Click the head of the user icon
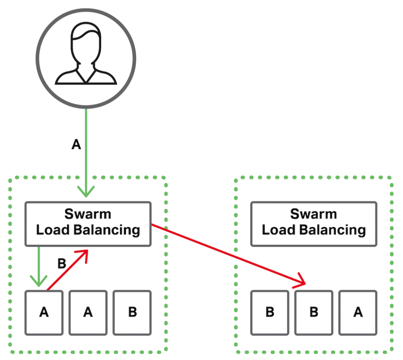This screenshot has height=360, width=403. (x=85, y=44)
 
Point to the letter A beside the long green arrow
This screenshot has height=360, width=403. (x=76, y=145)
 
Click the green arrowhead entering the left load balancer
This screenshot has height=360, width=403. (x=86, y=191)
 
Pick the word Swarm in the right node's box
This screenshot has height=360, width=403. (x=314, y=214)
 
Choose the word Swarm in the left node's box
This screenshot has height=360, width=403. (x=88, y=214)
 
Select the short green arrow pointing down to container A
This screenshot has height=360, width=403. (x=39, y=266)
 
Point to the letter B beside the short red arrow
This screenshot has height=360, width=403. (x=62, y=263)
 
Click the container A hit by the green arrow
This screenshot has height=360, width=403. (x=44, y=312)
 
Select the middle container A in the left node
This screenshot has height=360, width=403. (x=88, y=312)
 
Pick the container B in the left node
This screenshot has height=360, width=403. (x=132, y=312)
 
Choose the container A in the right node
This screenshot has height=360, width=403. (x=358, y=312)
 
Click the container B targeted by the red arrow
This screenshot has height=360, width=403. (x=314, y=312)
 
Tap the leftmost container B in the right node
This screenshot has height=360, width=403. (x=270, y=312)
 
